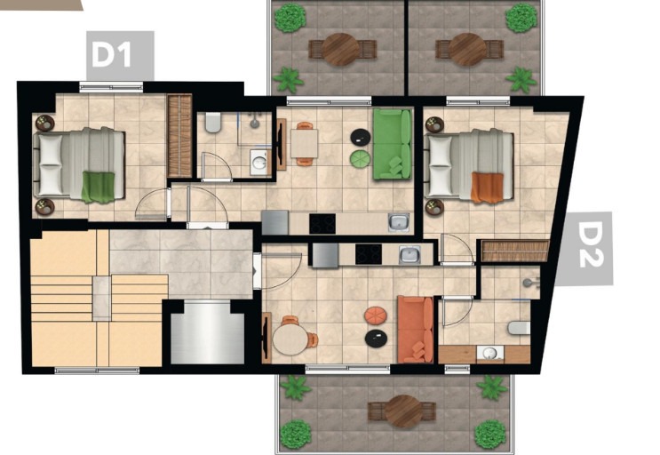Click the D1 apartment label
point(112,55)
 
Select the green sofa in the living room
point(392,144)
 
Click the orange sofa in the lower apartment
point(416,329)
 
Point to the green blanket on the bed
point(98,187)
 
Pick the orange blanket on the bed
point(487,188)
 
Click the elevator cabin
point(207,332)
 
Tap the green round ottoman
point(360,159)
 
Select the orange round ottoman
point(376,315)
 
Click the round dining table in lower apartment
point(290,339)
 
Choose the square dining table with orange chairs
point(304,144)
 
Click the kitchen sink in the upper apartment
point(398,222)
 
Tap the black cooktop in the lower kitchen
point(369,254)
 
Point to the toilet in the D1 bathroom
point(213,122)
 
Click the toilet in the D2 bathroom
point(519,327)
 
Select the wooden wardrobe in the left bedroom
point(179,136)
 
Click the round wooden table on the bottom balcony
point(403,411)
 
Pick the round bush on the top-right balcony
point(521,18)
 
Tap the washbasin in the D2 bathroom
point(490,354)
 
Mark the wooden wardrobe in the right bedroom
point(515,251)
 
